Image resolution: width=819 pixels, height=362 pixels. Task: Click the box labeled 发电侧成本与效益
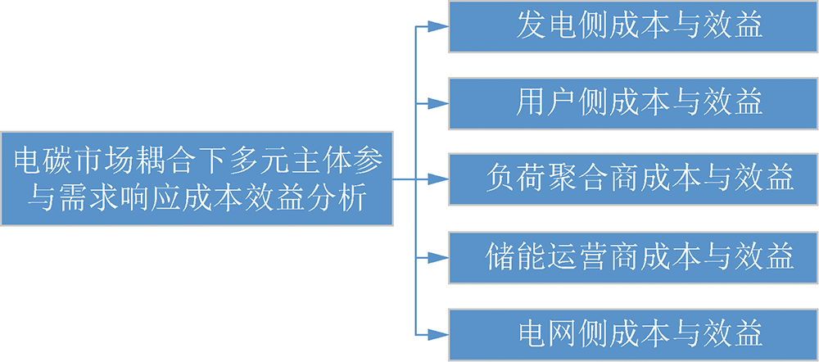tap(633, 27)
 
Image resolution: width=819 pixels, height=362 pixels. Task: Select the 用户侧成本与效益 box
tap(633, 103)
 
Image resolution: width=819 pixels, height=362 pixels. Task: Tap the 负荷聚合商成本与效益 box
tap(633, 179)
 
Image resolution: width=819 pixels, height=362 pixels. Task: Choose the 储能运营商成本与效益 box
tap(633, 258)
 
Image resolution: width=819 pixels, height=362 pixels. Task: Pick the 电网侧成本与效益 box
tap(633, 335)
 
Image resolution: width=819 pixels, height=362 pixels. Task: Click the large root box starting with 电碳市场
tap(197, 179)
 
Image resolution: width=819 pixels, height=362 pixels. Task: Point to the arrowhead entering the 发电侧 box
tap(439, 27)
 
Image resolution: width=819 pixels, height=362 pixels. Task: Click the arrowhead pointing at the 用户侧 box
tap(439, 103)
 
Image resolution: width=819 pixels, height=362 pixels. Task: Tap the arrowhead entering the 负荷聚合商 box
tap(439, 179)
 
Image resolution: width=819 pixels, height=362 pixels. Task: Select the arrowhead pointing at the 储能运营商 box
tap(439, 258)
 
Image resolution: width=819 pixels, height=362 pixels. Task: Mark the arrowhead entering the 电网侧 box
tap(439, 335)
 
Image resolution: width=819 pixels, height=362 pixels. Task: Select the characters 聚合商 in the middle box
tap(590, 179)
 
